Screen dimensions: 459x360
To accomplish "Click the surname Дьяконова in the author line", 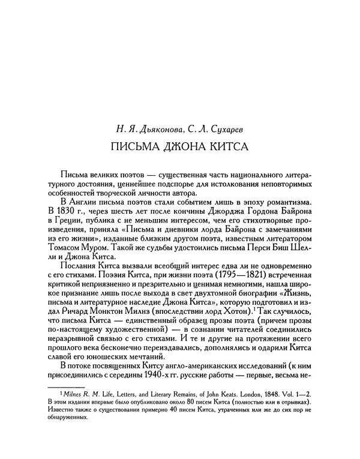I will click(x=158, y=128).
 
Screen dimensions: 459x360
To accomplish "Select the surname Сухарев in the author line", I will click(x=223, y=128).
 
